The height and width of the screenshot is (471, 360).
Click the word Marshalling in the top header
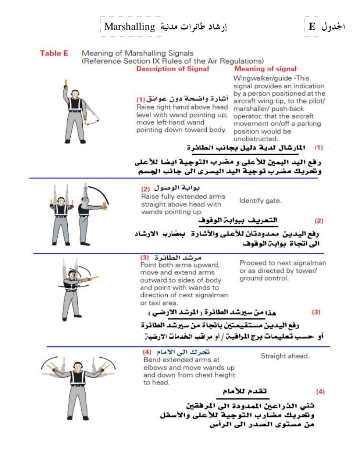[x=129, y=27]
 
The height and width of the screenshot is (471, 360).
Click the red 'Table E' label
[x=54, y=53]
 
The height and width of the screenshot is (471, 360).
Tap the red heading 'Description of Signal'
[x=172, y=69]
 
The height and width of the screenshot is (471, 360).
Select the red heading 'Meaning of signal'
[x=265, y=69]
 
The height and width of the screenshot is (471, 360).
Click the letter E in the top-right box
[x=312, y=27]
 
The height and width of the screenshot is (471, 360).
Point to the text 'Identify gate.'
[x=260, y=201]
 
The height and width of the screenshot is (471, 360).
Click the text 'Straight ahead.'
[x=285, y=356]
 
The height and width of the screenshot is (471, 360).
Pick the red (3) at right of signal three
[x=316, y=312]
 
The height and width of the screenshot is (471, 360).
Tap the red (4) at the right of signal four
[x=320, y=392]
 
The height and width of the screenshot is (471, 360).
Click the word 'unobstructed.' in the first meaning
[x=256, y=139]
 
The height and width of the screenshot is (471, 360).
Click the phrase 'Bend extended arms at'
[x=181, y=360]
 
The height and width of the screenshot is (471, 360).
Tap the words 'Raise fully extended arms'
[x=183, y=196]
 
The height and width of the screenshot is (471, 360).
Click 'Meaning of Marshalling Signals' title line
[x=137, y=53]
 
